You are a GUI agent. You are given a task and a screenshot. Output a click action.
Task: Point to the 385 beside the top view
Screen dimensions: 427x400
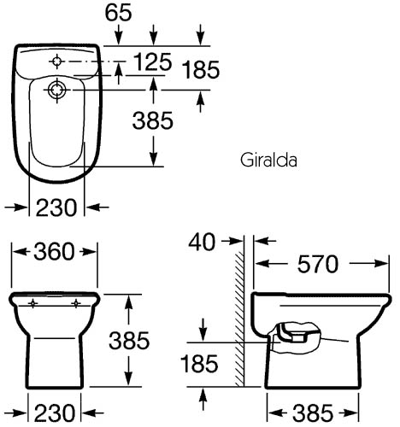[x=154, y=122]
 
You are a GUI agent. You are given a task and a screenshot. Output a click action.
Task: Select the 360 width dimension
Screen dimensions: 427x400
[x=54, y=252]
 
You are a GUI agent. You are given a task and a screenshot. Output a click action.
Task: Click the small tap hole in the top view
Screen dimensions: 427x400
[x=57, y=61]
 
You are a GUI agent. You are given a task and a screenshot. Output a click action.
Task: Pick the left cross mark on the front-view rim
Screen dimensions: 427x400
[x=33, y=303]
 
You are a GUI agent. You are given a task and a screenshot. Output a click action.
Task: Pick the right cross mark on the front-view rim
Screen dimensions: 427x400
[x=75, y=303]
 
